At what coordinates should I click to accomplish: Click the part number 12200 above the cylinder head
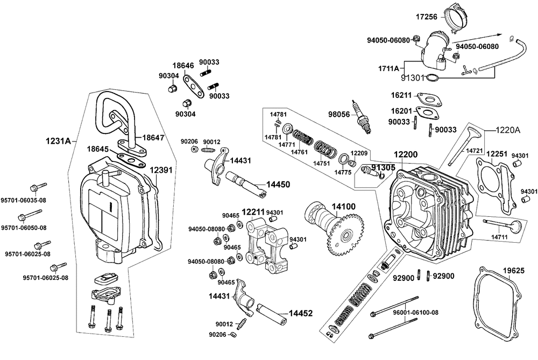tap(406, 154)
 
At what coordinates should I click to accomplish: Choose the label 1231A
tap(58, 142)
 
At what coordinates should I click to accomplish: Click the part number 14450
tap(279, 184)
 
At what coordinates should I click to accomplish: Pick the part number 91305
tap(383, 167)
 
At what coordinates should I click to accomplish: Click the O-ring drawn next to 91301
tap(431, 79)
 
